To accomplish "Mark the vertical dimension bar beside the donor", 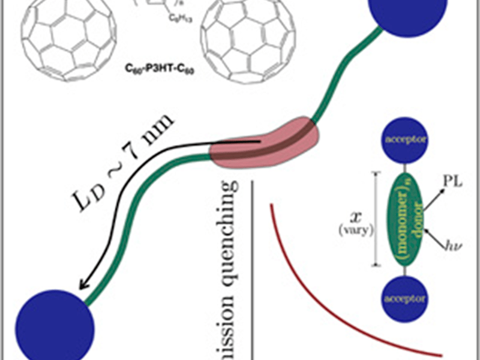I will (376, 219).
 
